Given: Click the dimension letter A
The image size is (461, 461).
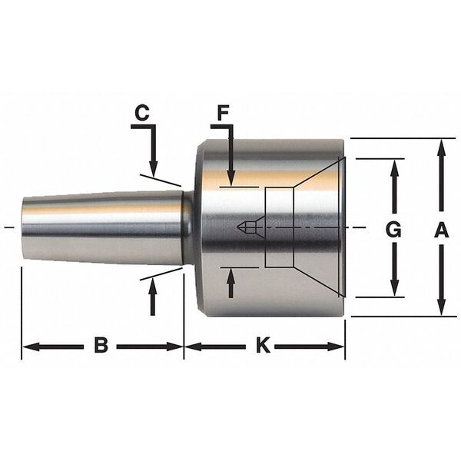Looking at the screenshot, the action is (441, 230).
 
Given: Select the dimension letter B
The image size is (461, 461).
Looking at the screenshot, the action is (101, 345).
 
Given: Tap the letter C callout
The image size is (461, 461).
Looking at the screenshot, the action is (142, 113).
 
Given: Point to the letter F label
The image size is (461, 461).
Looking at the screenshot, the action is (223, 113).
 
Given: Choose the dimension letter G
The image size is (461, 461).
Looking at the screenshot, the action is (393, 230).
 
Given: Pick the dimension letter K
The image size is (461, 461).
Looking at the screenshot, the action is (263, 345).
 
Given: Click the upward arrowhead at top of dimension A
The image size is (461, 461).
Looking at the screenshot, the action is (441, 148).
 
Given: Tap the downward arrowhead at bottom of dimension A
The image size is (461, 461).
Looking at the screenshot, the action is (441, 307).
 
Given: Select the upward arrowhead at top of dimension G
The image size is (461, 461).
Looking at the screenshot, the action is (395, 167).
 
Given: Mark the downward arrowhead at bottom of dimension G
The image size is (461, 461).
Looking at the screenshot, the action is (395, 288).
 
